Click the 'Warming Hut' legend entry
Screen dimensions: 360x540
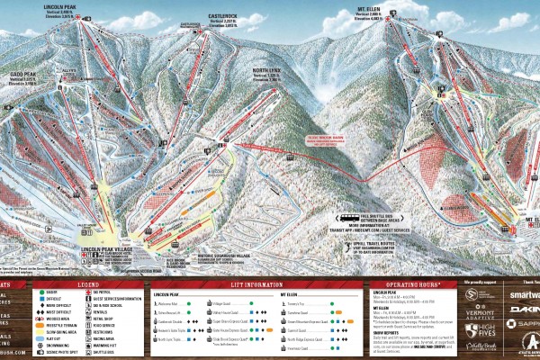104,342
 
